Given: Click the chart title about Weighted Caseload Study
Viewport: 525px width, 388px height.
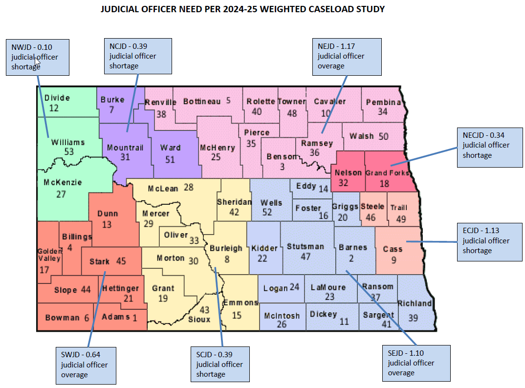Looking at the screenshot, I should (x=242, y=9).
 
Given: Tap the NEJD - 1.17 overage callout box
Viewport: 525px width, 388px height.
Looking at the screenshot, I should (x=347, y=57).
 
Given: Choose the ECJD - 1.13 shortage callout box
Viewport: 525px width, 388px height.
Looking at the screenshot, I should (x=489, y=240).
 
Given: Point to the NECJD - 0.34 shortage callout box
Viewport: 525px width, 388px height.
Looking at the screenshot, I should (x=490, y=145).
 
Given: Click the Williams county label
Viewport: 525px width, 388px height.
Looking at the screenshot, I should (x=68, y=142).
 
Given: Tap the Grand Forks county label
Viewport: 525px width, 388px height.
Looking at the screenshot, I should (x=388, y=172).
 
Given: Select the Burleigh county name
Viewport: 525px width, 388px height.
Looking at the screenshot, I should (x=226, y=248).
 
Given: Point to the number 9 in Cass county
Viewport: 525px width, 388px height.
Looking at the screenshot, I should (x=394, y=261).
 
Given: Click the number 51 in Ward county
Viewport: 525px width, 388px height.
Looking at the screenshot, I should (x=170, y=159).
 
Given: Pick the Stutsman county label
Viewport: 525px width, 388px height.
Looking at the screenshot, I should (x=306, y=246).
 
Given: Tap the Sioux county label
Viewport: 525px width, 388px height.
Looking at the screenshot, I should (x=199, y=319).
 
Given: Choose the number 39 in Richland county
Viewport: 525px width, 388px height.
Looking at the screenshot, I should (x=413, y=318).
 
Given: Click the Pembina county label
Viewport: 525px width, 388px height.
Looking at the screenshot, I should (x=383, y=102).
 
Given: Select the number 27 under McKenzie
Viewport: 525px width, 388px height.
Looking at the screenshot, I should (x=61, y=194).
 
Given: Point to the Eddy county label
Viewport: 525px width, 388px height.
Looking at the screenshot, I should (x=306, y=186).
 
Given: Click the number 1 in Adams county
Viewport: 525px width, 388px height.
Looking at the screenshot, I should (x=135, y=317).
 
